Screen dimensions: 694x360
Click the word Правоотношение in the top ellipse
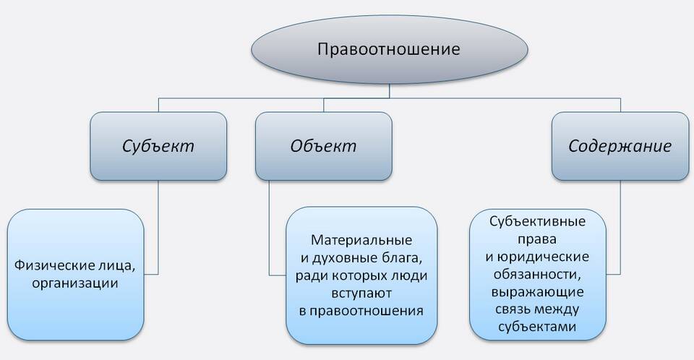[x=389, y=48]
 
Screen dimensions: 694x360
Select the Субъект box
[x=158, y=146]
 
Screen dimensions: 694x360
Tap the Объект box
[x=324, y=146]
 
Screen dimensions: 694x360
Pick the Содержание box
[x=620, y=146]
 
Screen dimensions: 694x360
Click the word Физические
[x=55, y=266]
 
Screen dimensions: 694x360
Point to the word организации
[x=75, y=283]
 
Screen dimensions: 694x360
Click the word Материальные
[x=361, y=240]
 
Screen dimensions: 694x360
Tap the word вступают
[x=361, y=293]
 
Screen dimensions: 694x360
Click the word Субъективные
[x=537, y=221]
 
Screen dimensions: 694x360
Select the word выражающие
[x=537, y=293]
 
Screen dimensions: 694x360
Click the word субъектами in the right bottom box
[x=537, y=327]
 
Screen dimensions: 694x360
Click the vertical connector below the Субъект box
[x=158, y=228]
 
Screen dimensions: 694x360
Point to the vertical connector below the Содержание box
[x=620, y=228]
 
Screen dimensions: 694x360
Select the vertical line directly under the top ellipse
[x=390, y=91]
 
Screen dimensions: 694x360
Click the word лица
[x=117, y=266]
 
